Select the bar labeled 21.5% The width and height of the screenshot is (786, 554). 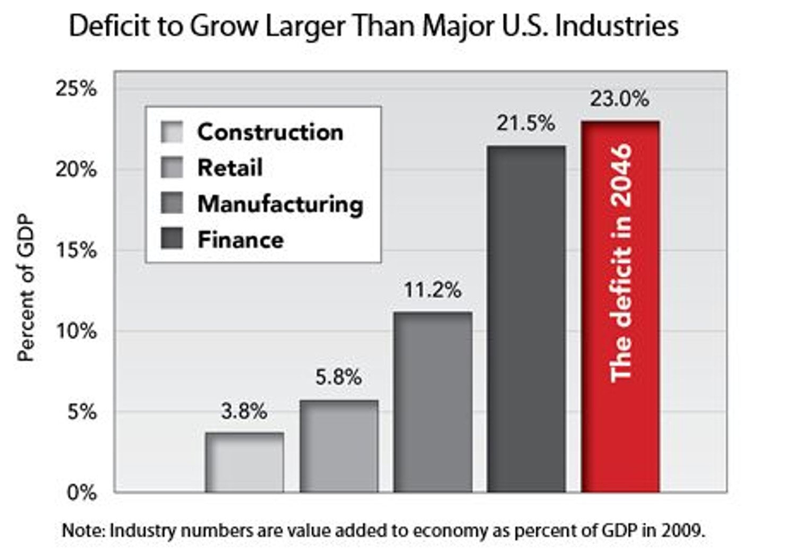tap(526, 318)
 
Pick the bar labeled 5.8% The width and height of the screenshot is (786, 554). tap(339, 446)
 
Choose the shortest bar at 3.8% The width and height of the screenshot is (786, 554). tap(244, 462)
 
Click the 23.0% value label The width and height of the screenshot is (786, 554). tap(619, 99)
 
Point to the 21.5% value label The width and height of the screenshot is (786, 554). tap(526, 123)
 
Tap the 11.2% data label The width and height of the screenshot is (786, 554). tap(432, 290)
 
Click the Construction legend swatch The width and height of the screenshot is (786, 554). tap(172, 132)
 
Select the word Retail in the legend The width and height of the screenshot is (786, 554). tap(230, 168)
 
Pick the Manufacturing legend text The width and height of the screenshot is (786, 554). tap(280, 204)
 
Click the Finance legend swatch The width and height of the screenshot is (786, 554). tap(172, 239)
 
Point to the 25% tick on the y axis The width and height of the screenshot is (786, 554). tap(76, 89)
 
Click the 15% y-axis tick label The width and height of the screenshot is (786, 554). tap(76, 250)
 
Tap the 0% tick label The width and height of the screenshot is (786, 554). tap(82, 492)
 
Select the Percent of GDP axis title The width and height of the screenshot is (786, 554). tap(25, 288)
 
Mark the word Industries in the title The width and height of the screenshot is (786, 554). tap(617, 25)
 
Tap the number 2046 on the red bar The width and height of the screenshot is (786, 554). tap(620, 175)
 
